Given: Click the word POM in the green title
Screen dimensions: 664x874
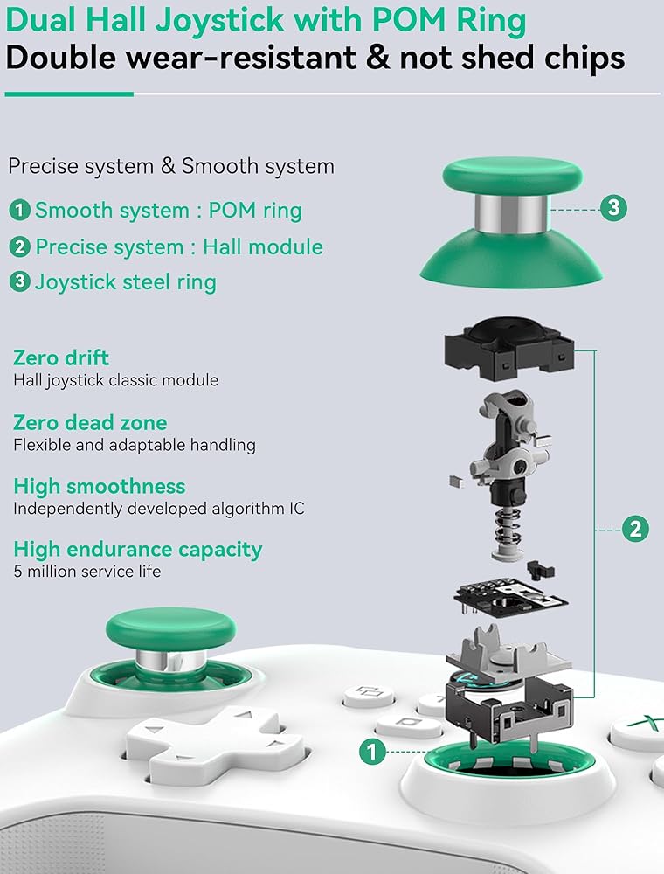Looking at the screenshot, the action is pos(410,20).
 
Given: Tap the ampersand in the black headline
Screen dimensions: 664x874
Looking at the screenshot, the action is pos(378,57).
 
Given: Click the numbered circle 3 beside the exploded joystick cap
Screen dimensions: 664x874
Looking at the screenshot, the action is pos(613,208).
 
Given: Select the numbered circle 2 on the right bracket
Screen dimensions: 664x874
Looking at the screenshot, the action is pos(635,529).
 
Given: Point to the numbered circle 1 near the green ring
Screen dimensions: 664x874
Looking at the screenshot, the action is pos(372,752).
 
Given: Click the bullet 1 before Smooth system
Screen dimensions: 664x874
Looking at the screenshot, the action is pos(19,210).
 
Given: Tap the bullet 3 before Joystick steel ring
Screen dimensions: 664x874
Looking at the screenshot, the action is pos(19,281).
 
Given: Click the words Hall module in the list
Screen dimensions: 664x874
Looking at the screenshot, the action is pos(262,246).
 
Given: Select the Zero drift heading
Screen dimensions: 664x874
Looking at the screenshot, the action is pos(61,357).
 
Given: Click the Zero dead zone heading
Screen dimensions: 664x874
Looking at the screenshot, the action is pos(90,422).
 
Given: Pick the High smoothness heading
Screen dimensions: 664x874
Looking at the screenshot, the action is pos(99,486).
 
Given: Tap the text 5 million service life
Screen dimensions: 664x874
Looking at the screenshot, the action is pos(86,572).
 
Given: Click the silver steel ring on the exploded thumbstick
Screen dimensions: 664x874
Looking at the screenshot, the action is pos(511,213).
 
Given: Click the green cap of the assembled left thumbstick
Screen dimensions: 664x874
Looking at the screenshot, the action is pos(170,630).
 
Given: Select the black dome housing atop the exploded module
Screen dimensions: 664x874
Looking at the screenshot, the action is pos(509,349).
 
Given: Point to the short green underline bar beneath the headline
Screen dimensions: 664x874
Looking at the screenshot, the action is pos(69,94).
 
